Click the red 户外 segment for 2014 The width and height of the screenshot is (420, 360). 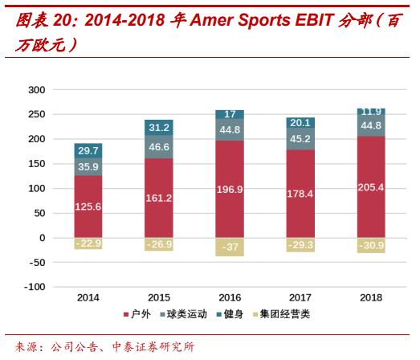(88, 207)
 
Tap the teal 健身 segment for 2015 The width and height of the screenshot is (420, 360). (159, 127)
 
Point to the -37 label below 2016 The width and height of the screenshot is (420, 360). (229, 247)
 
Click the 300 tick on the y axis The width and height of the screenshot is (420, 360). (35, 90)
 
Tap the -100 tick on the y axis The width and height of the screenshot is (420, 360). (33, 287)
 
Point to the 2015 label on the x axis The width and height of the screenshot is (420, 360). (159, 297)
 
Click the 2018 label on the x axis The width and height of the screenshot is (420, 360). (370, 297)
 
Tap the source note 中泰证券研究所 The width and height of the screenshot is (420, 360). (152, 347)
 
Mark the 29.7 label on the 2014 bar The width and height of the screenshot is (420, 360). (88, 150)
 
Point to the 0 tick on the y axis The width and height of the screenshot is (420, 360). (41, 238)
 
